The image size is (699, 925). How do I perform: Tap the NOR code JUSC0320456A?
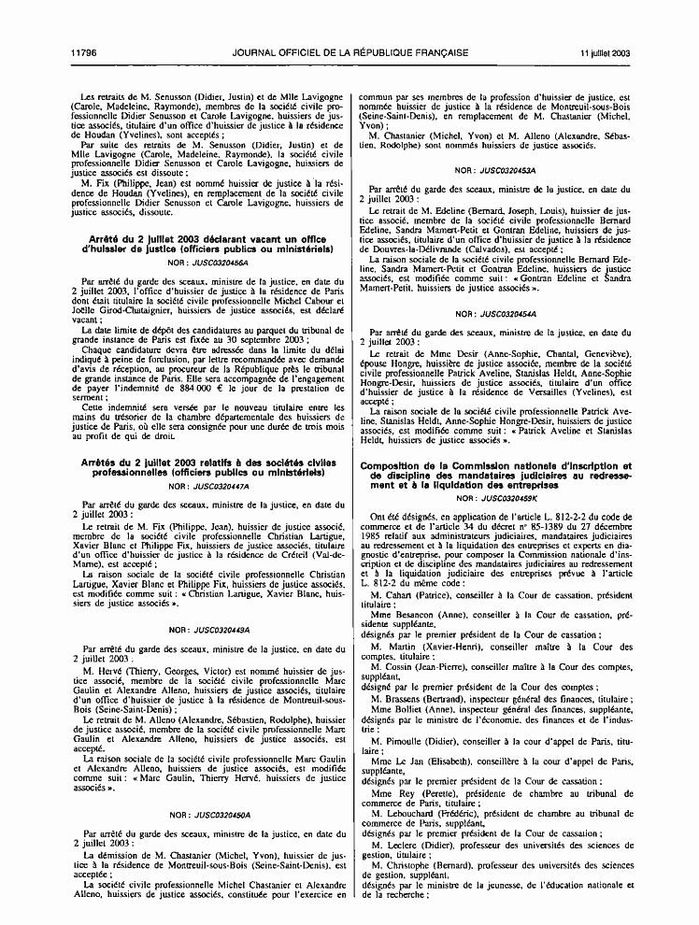tap(202, 264)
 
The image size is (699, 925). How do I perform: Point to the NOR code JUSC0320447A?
tap(201, 486)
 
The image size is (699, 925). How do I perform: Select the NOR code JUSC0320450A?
tap(201, 815)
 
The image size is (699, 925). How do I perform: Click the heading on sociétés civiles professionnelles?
tap(201, 469)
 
